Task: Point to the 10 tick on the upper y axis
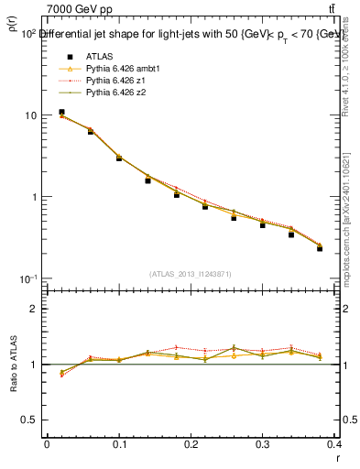click(x=30, y=115)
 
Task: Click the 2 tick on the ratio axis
click(x=33, y=309)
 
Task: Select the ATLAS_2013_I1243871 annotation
click(x=190, y=273)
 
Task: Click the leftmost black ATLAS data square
click(x=61, y=112)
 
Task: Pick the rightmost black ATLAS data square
click(x=320, y=248)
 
